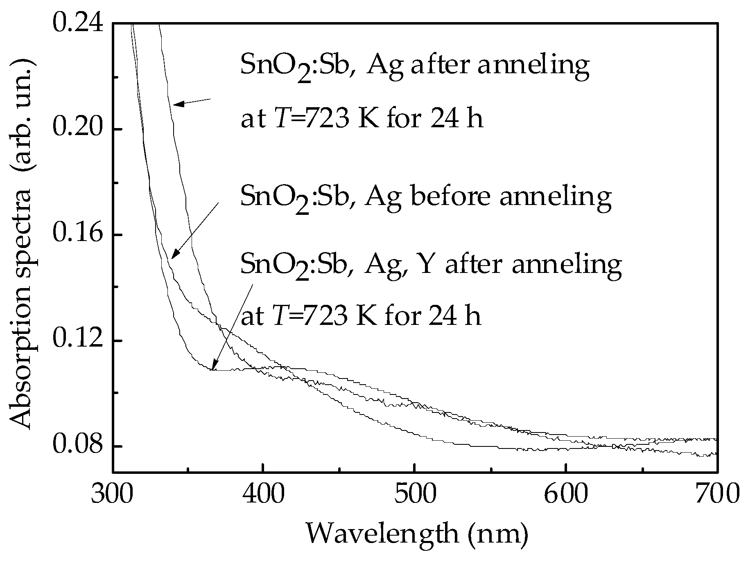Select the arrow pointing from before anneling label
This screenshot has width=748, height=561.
195,230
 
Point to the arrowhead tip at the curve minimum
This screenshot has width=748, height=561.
211,369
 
